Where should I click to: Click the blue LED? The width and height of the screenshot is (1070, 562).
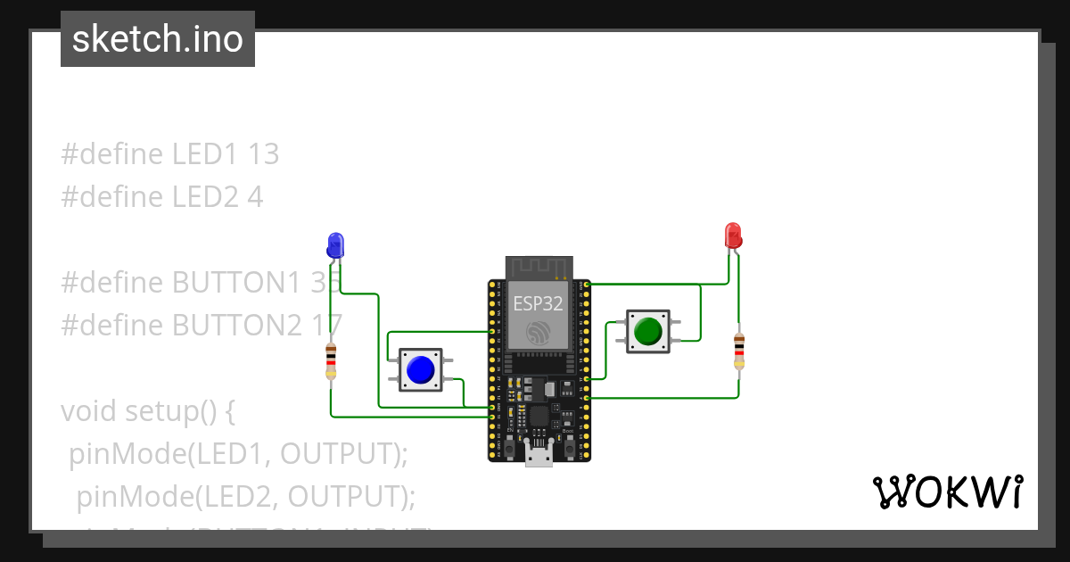335,244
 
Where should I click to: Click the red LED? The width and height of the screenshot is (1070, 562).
733,236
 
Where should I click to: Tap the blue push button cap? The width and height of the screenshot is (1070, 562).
420,369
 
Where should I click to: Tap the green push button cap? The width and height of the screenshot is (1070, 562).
647,331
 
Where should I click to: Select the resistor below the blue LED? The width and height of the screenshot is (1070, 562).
332,360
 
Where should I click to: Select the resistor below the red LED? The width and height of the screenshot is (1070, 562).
738,351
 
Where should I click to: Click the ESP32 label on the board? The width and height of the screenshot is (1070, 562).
538,302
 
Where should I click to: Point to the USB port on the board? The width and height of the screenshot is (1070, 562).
538,455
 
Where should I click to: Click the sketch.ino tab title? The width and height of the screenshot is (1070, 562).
158,39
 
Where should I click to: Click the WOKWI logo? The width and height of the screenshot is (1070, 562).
947,492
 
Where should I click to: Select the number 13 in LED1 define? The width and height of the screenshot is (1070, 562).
263,154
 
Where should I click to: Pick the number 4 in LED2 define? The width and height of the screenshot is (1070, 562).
255,196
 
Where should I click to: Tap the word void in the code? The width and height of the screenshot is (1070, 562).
89,411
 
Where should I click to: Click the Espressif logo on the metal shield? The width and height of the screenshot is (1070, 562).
538,333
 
